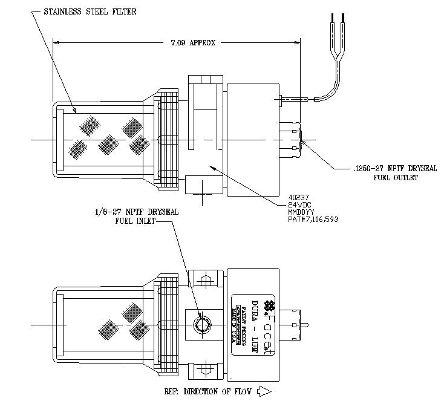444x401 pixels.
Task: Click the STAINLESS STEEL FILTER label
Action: tap(90, 12)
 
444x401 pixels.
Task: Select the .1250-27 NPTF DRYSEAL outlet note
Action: tap(394, 169)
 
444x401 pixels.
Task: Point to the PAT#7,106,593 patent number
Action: tap(313, 219)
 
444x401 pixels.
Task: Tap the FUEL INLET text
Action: tap(135, 221)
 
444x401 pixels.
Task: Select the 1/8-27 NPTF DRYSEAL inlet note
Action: tap(137, 212)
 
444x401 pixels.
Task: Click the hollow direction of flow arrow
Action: tap(263, 391)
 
